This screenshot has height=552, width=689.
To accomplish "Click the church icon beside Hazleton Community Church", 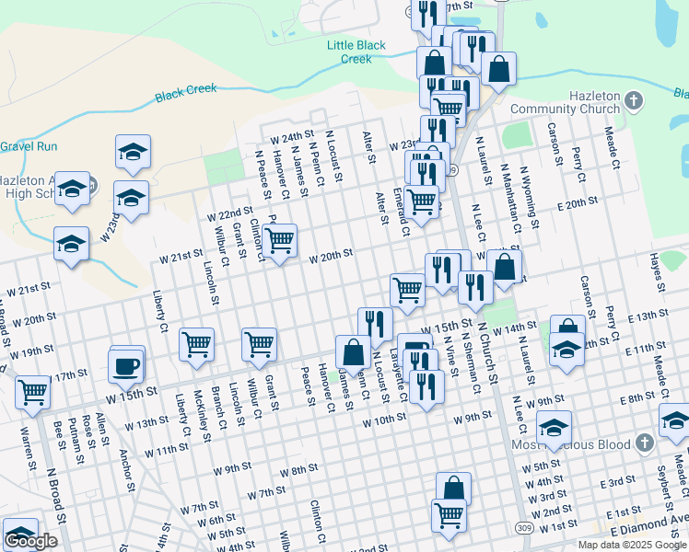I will (633, 99).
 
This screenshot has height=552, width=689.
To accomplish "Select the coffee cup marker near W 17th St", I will (126, 364).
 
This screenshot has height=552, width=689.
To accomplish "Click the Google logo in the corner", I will (30, 541).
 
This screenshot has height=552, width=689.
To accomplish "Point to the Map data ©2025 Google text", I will (632, 545).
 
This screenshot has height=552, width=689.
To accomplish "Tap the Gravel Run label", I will (29, 146).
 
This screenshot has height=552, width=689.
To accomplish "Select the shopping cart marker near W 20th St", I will (279, 241).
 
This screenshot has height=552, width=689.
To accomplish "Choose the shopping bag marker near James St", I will (352, 351).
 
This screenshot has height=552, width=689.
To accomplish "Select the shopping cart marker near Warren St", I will (33, 391).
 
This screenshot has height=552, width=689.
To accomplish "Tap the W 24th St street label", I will (293, 137).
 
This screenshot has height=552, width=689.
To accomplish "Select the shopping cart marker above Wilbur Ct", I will (260, 345).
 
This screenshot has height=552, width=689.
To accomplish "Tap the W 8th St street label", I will (298, 471).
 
